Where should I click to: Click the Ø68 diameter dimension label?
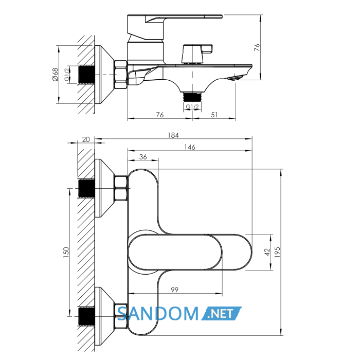pyautogui.click(x=55, y=75)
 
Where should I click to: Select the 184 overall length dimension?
pyautogui.click(x=173, y=135)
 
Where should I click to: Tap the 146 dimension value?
pyautogui.click(x=190, y=147)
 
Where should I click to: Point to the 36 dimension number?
pyautogui.click(x=143, y=157)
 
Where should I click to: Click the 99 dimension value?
pyautogui.click(x=174, y=290)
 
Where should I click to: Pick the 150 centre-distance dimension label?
pyautogui.click(x=66, y=253)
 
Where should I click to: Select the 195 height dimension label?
pyautogui.click(x=277, y=252)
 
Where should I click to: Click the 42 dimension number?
pyautogui.click(x=267, y=252)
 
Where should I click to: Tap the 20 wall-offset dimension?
pyautogui.click(x=86, y=139)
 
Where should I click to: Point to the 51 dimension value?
pyautogui.click(x=214, y=115)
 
